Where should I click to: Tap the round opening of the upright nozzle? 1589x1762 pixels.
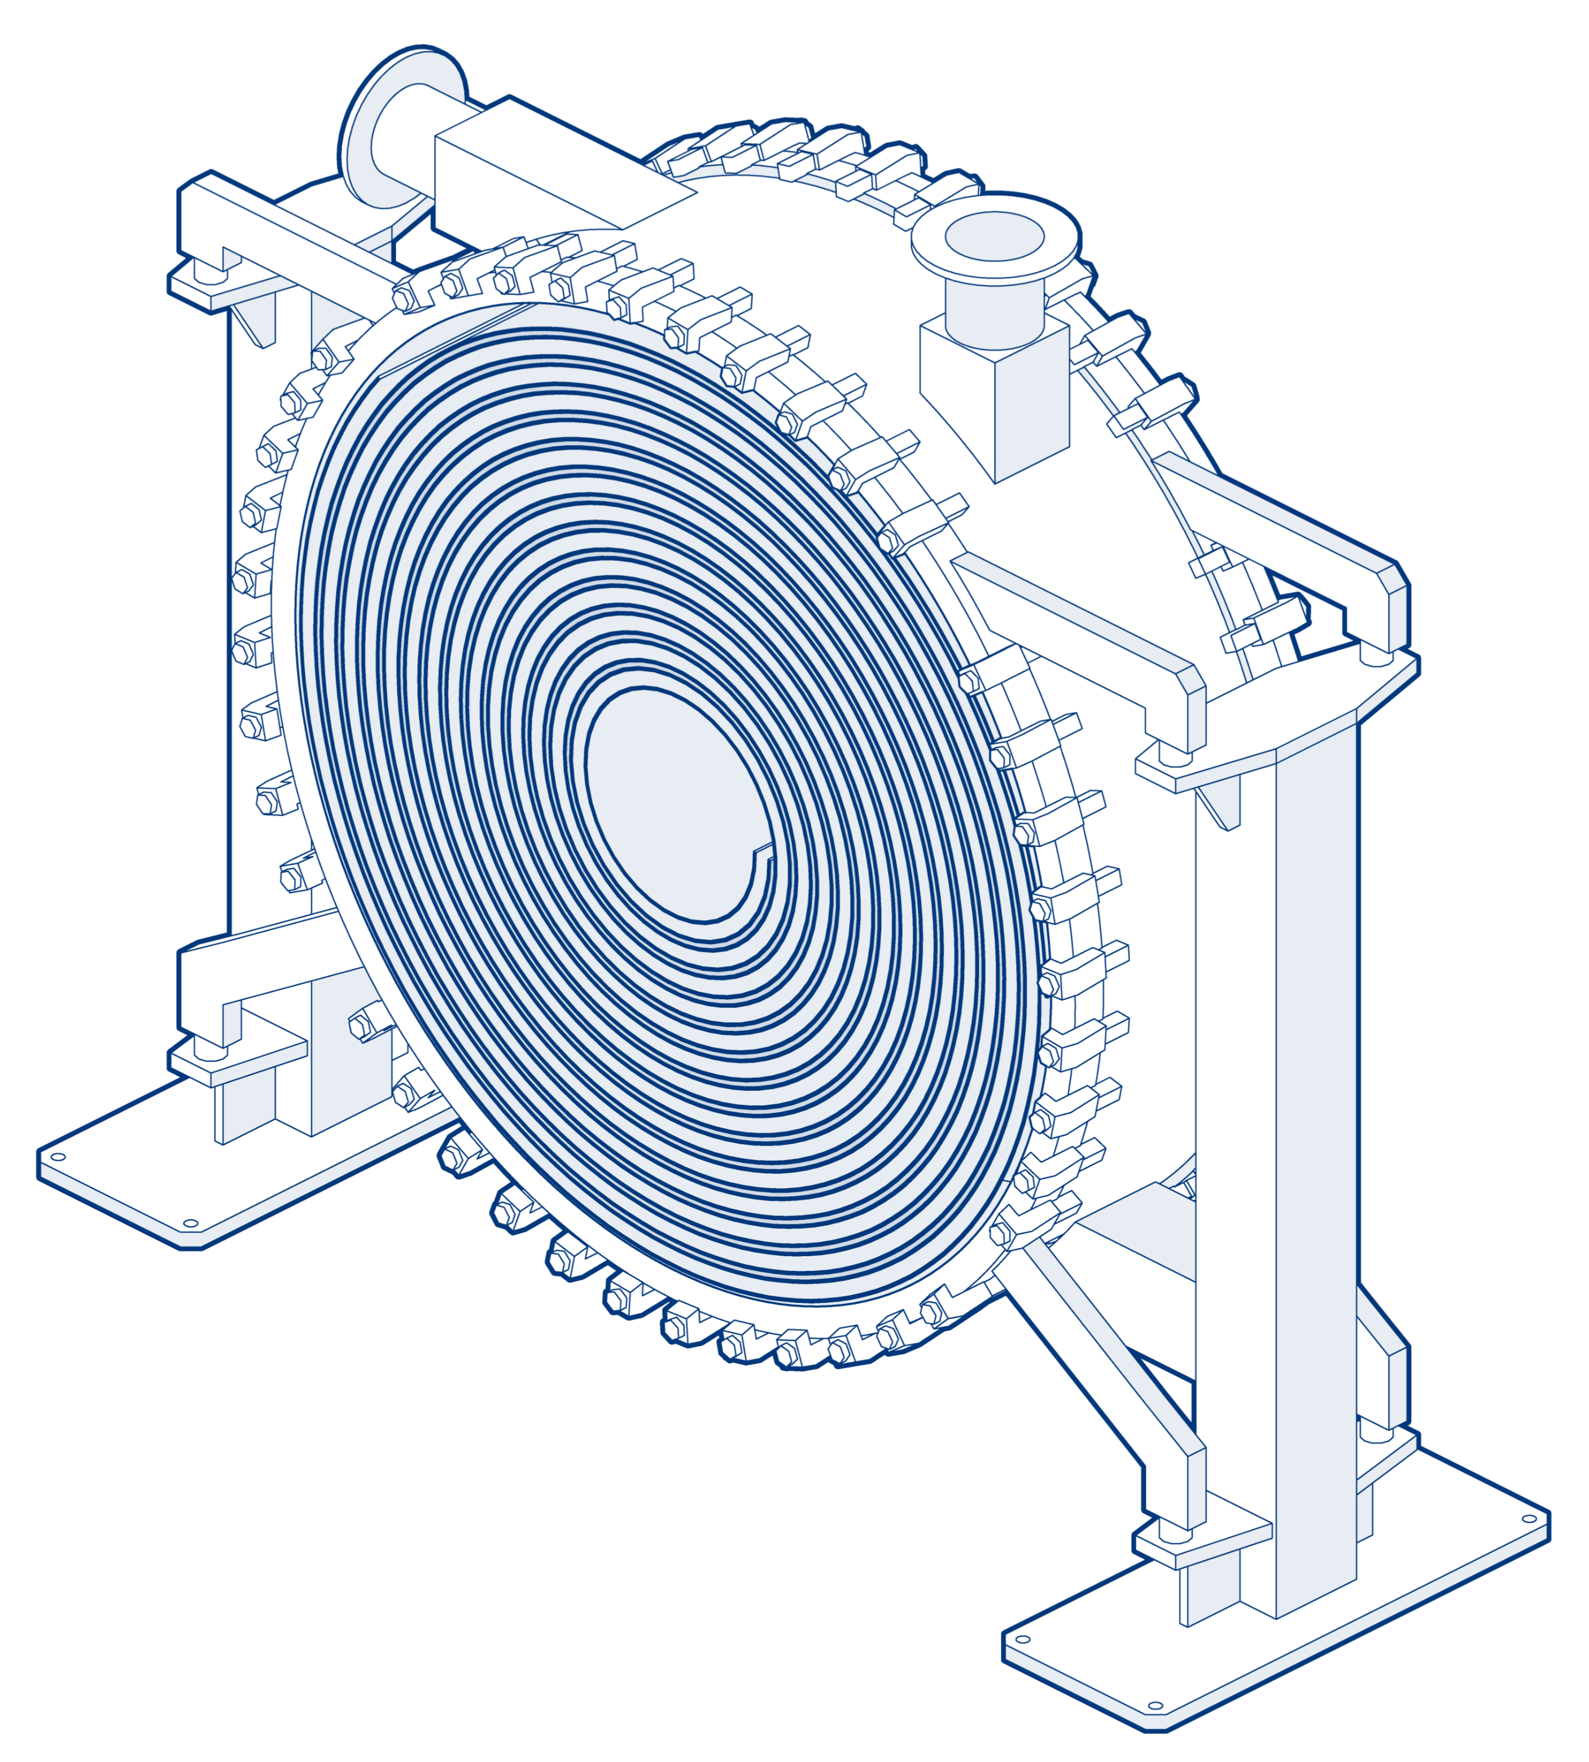click(x=995, y=237)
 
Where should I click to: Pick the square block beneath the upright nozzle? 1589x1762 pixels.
click(x=995, y=401)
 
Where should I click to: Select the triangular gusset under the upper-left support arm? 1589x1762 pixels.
click(x=256, y=319)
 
